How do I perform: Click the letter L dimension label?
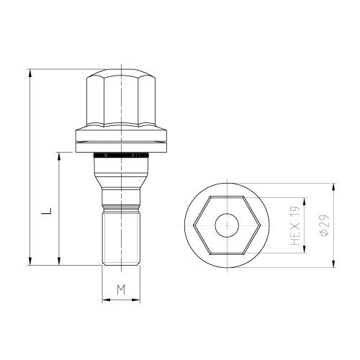[47, 211]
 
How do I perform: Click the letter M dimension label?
[121, 289]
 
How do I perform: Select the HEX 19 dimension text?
[295, 225]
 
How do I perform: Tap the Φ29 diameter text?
[325, 225]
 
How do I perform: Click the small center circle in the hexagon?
[227, 225]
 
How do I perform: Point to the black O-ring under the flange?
[121, 156]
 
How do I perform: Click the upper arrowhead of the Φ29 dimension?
[333, 186]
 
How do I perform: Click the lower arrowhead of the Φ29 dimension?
[333, 264]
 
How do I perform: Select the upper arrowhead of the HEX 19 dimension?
[305, 202]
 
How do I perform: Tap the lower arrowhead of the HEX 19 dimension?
[305, 249]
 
